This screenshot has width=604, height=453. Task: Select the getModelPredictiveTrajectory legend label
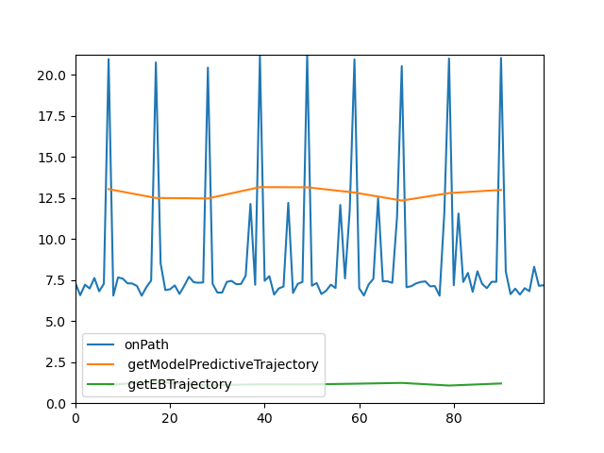(221, 364)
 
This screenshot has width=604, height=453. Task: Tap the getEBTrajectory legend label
(177, 384)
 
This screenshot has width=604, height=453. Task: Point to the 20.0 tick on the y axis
(53, 75)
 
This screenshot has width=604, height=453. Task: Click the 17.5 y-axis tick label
(53, 116)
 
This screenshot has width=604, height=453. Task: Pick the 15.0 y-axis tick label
(53, 158)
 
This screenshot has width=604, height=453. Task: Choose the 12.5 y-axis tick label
(53, 198)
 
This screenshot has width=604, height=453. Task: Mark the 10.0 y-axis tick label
(53, 240)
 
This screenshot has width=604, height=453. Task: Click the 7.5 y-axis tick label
(56, 280)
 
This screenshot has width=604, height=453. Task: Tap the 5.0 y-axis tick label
(56, 322)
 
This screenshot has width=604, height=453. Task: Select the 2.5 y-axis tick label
(56, 362)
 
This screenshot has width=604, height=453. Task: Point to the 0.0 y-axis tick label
(56, 404)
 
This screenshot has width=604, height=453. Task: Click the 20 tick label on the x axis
(170, 417)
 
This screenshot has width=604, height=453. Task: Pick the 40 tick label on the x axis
(264, 417)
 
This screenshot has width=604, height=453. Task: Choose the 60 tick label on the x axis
(359, 417)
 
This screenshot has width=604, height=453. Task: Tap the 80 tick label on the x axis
(453, 417)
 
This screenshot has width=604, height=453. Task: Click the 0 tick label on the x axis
(75, 417)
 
